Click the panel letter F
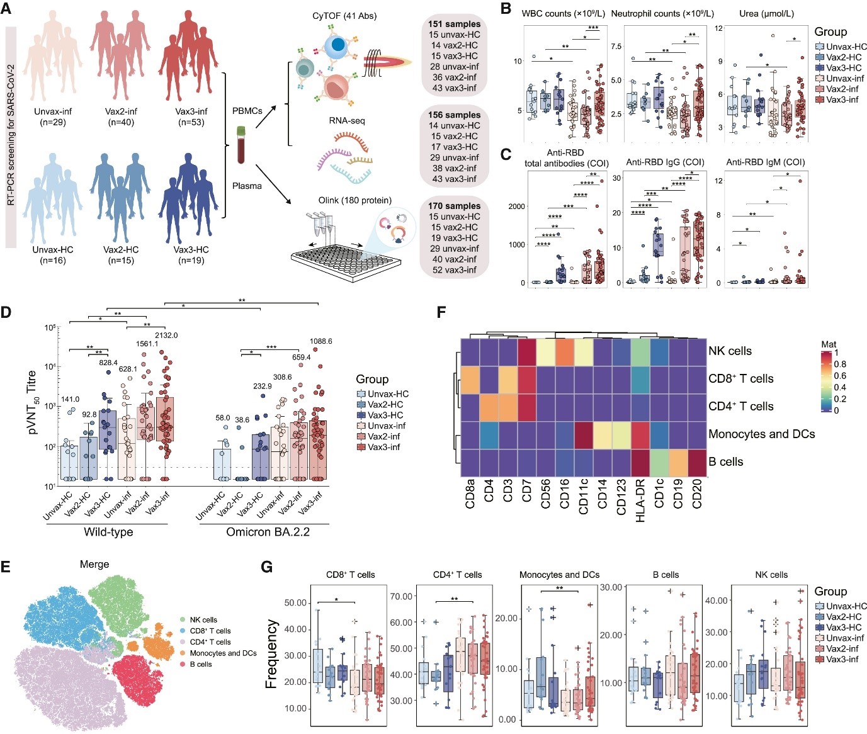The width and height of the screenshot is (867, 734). [x=441, y=312]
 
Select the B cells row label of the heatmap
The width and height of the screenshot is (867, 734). [x=725, y=461]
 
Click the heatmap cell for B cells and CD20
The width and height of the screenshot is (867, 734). [x=697, y=463]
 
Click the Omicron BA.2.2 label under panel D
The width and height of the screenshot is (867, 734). [x=268, y=532]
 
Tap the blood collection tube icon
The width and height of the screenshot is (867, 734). [x=241, y=144]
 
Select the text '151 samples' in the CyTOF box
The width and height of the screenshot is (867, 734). [x=454, y=24]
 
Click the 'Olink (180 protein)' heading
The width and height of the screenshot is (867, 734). [x=354, y=200]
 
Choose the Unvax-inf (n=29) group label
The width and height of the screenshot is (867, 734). [x=53, y=116]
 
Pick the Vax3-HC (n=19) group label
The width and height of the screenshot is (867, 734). [x=191, y=255]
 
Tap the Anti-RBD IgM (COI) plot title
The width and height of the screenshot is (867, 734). [x=765, y=162]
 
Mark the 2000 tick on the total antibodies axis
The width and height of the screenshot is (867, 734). [x=516, y=206]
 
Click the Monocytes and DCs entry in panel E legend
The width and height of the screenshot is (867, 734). [x=223, y=653]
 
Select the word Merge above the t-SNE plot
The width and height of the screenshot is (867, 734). [x=94, y=565]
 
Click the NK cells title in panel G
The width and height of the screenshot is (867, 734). [x=771, y=575]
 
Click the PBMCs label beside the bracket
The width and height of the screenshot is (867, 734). [x=247, y=111]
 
